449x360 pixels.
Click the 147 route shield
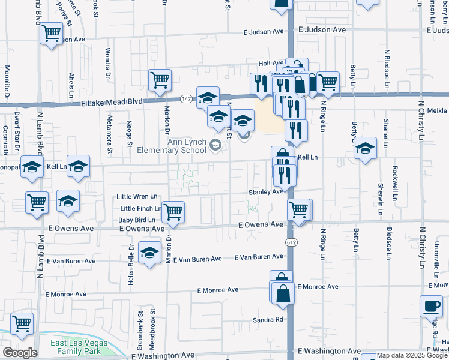pyautogui.click(x=187, y=98)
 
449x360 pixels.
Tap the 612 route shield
pyautogui.click(x=291, y=241)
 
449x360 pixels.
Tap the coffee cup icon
pyautogui.click(x=430, y=307)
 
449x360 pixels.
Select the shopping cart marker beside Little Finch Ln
pyautogui.click(x=173, y=211)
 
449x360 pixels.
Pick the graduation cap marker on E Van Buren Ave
pyautogui.click(x=149, y=253)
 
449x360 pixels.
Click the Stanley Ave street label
pyautogui.click(x=265, y=192)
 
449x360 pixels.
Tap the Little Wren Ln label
pyautogui.click(x=136, y=196)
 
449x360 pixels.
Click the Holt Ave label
pyautogui.click(x=271, y=63)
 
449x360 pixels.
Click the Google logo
pyautogui.click(x=20, y=353)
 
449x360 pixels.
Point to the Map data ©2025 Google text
pyautogui.click(x=412, y=356)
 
